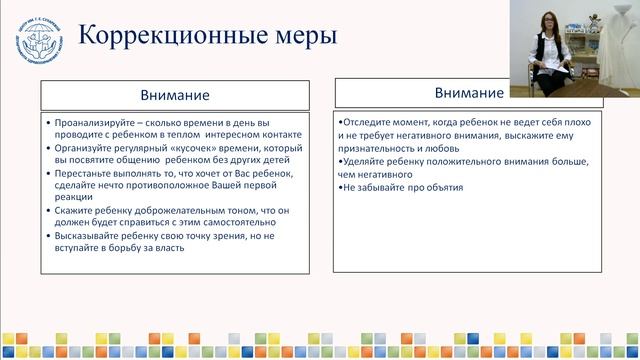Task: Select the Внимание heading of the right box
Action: click(468, 93)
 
